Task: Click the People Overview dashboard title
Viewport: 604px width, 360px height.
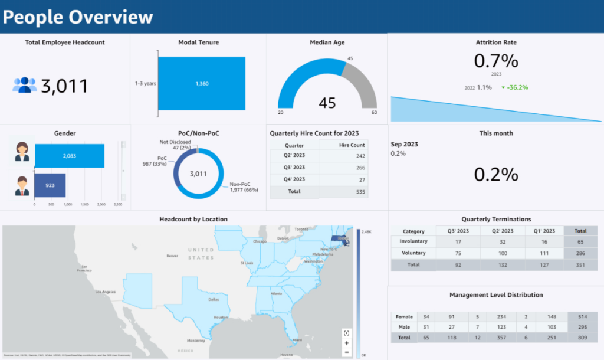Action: [x=78, y=17]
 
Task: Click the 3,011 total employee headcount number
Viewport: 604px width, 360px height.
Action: [x=64, y=86]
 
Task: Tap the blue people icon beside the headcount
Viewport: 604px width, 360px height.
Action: [x=24, y=85]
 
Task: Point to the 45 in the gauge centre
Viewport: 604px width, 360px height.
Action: [x=327, y=103]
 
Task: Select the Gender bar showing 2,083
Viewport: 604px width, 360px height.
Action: [x=70, y=156]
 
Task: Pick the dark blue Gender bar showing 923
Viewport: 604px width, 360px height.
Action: [x=50, y=185]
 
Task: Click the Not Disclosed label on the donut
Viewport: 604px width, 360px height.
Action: [x=175, y=142]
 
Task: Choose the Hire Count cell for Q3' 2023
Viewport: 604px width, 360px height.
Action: [x=343, y=168]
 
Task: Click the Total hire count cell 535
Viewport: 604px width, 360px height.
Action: [x=343, y=192]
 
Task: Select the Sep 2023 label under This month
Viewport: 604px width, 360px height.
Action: [x=405, y=145]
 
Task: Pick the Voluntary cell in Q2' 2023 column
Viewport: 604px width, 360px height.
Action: [x=503, y=253]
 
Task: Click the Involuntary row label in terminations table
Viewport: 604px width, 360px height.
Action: [x=413, y=241]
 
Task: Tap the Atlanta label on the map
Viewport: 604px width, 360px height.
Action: [x=275, y=293]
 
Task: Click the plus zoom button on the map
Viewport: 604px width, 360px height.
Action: [x=347, y=342]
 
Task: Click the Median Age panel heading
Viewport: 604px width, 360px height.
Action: [x=327, y=42]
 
